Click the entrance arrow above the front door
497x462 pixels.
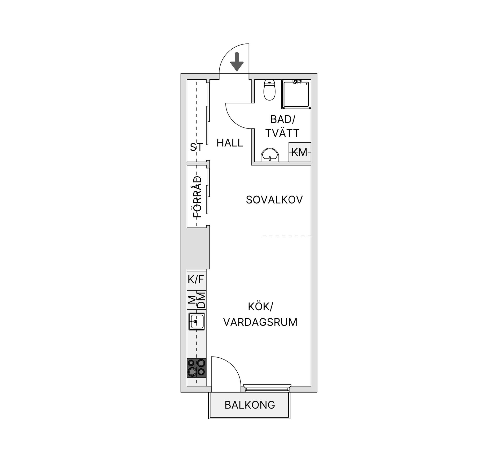[x=237, y=62]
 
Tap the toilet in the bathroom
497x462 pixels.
[x=269, y=90]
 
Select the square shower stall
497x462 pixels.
[x=296, y=94]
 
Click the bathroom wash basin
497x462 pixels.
[x=270, y=155]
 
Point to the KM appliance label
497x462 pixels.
[x=299, y=152]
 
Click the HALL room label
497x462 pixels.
[x=230, y=143]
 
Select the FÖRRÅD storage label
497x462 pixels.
[x=197, y=197]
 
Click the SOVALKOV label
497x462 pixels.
[x=274, y=200]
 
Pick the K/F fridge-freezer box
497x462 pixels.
[x=196, y=279]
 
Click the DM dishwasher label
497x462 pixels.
[x=201, y=300]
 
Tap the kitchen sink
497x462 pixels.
[x=197, y=321]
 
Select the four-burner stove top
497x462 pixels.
[x=196, y=368]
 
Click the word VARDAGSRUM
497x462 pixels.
[x=260, y=322]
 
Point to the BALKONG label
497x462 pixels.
[x=250, y=405]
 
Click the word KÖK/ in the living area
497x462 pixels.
[x=260, y=307]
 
